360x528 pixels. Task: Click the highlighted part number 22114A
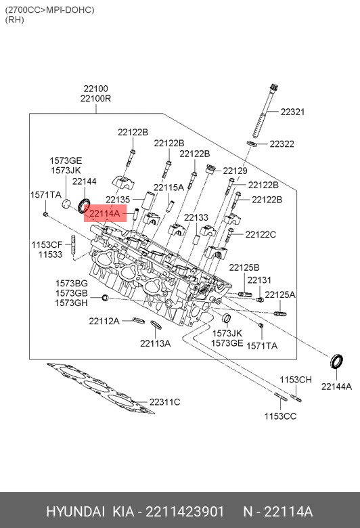click(x=105, y=213)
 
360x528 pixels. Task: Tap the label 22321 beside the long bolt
click(x=292, y=112)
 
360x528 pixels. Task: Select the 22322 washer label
click(x=282, y=144)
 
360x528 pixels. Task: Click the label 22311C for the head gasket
click(x=164, y=402)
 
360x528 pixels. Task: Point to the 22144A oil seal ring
click(x=336, y=361)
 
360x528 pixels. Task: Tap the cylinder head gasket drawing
click(x=100, y=388)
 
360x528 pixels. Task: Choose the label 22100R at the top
click(x=95, y=99)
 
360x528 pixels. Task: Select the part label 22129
click(x=235, y=171)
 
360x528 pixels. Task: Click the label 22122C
click(x=261, y=234)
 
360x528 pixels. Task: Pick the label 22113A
click(x=155, y=343)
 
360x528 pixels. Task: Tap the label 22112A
click(x=104, y=322)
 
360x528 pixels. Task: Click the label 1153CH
click(x=296, y=380)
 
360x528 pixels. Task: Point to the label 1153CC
click(x=280, y=416)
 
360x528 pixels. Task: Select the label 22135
click(x=118, y=199)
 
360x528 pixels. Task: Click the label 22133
click(x=196, y=217)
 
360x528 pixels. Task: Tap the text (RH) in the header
click(x=15, y=20)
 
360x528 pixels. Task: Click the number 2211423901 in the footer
click(x=185, y=512)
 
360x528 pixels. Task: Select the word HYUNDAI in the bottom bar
click(x=75, y=512)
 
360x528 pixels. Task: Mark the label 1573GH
click(x=72, y=303)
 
